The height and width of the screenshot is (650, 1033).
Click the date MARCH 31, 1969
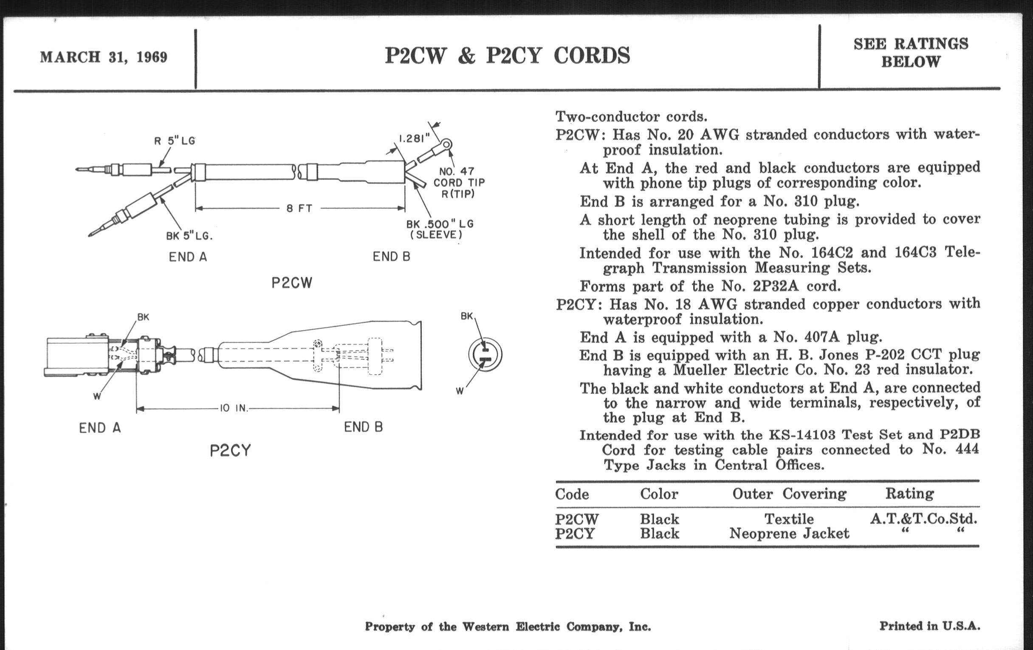tap(103, 57)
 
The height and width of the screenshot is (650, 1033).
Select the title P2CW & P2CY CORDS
tap(508, 56)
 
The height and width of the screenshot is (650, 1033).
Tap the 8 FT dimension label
tap(299, 209)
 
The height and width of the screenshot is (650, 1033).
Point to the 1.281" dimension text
tap(415, 138)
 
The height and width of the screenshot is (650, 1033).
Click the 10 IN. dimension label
tap(234, 408)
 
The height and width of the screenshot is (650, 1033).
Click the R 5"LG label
tap(175, 141)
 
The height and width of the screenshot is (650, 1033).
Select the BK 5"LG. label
tap(189, 236)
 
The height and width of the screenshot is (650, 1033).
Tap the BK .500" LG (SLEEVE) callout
tap(440, 229)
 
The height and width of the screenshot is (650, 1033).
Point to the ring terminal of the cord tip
tap(446, 144)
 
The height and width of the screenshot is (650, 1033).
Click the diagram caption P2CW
tap(292, 283)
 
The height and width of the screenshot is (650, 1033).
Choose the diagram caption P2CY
tap(230, 451)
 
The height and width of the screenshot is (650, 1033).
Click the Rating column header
tap(909, 494)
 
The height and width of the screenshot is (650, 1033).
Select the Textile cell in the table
tap(789, 519)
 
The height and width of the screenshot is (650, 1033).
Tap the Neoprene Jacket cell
tap(789, 534)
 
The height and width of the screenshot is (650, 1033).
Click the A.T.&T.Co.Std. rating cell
tap(923, 519)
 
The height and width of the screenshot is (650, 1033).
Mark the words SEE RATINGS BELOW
tap(911, 53)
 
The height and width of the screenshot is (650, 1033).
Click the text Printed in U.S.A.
tap(930, 626)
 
